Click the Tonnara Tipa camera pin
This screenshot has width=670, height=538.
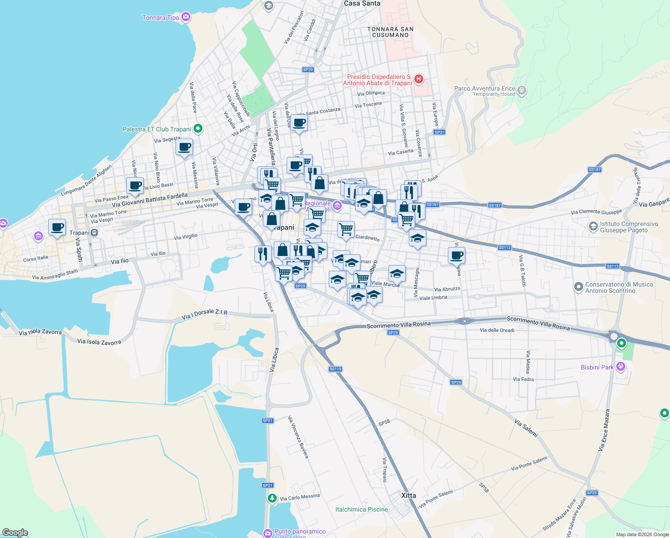186,17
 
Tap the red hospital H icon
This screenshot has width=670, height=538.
419,80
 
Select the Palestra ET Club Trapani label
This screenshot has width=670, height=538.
157,129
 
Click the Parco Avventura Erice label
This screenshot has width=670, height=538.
485,89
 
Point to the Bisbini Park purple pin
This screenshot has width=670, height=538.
620,367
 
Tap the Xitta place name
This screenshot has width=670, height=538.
408,495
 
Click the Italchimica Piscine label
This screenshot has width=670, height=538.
361,509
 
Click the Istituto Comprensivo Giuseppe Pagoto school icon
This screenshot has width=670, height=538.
593,227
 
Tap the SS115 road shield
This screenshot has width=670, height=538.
335,369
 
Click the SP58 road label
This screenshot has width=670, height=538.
384,423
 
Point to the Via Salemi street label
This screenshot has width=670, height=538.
526,428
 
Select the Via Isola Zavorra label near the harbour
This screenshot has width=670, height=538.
99,342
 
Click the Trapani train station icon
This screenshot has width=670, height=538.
94,233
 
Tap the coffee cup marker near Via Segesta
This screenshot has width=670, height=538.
184,147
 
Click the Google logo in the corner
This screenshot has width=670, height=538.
15,533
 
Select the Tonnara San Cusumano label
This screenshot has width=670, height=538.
390,32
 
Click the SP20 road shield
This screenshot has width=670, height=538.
308,69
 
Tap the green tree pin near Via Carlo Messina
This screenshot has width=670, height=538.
272,498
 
